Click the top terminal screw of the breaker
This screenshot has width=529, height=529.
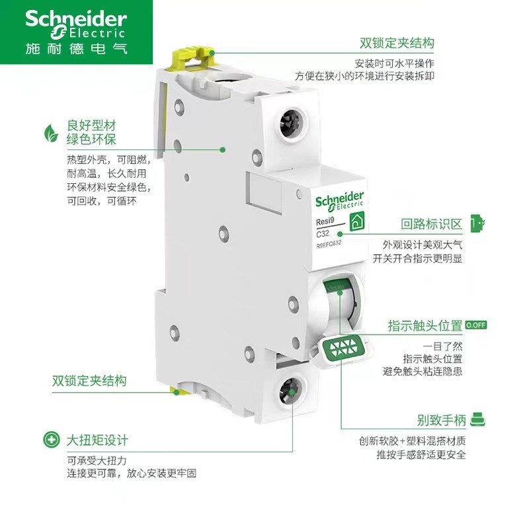point(290,122)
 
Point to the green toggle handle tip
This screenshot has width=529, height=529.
point(341,348)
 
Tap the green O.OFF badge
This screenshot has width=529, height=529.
point(476,325)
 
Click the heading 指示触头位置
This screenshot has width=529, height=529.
point(425,326)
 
